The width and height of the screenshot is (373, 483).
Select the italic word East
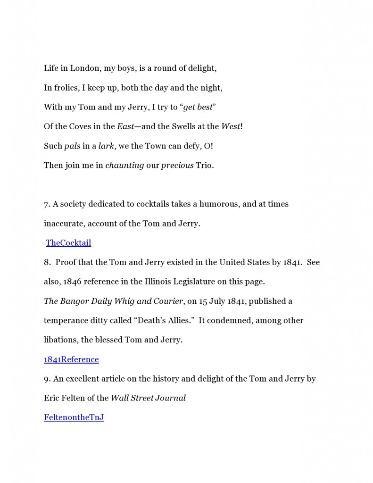coord(125,126)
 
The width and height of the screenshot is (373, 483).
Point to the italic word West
coord(231,126)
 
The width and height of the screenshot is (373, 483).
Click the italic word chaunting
coord(124,165)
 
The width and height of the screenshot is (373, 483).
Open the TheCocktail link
coord(68,243)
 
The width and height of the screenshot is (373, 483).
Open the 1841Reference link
coord(71,359)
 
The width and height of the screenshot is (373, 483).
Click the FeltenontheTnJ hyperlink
coord(74,417)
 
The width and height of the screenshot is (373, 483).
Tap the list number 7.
coord(46,204)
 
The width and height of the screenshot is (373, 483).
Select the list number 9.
coord(46,379)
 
